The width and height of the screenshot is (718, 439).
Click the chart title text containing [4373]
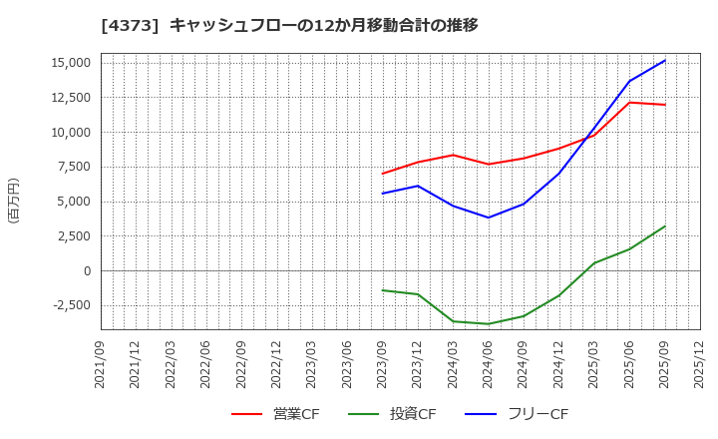[289, 25]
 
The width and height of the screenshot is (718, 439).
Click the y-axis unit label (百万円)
[13, 201]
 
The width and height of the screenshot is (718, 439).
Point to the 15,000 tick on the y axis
[69, 63]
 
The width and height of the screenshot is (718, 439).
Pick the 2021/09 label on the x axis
[101, 370]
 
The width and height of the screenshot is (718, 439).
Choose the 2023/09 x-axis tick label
[383, 370]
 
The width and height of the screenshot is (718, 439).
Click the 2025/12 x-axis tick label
[700, 370]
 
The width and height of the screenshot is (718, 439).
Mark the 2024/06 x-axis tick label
[489, 370]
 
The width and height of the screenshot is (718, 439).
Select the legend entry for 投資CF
[393, 414]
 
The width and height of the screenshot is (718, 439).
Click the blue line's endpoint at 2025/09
[665, 60]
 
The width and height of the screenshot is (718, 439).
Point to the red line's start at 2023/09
[383, 174]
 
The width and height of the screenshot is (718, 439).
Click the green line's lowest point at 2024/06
[489, 324]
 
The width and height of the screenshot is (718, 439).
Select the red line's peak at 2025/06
[629, 103]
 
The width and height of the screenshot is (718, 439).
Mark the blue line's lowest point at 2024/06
[489, 218]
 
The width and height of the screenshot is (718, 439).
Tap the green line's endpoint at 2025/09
[665, 226]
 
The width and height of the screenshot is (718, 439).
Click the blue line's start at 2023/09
[383, 194]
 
